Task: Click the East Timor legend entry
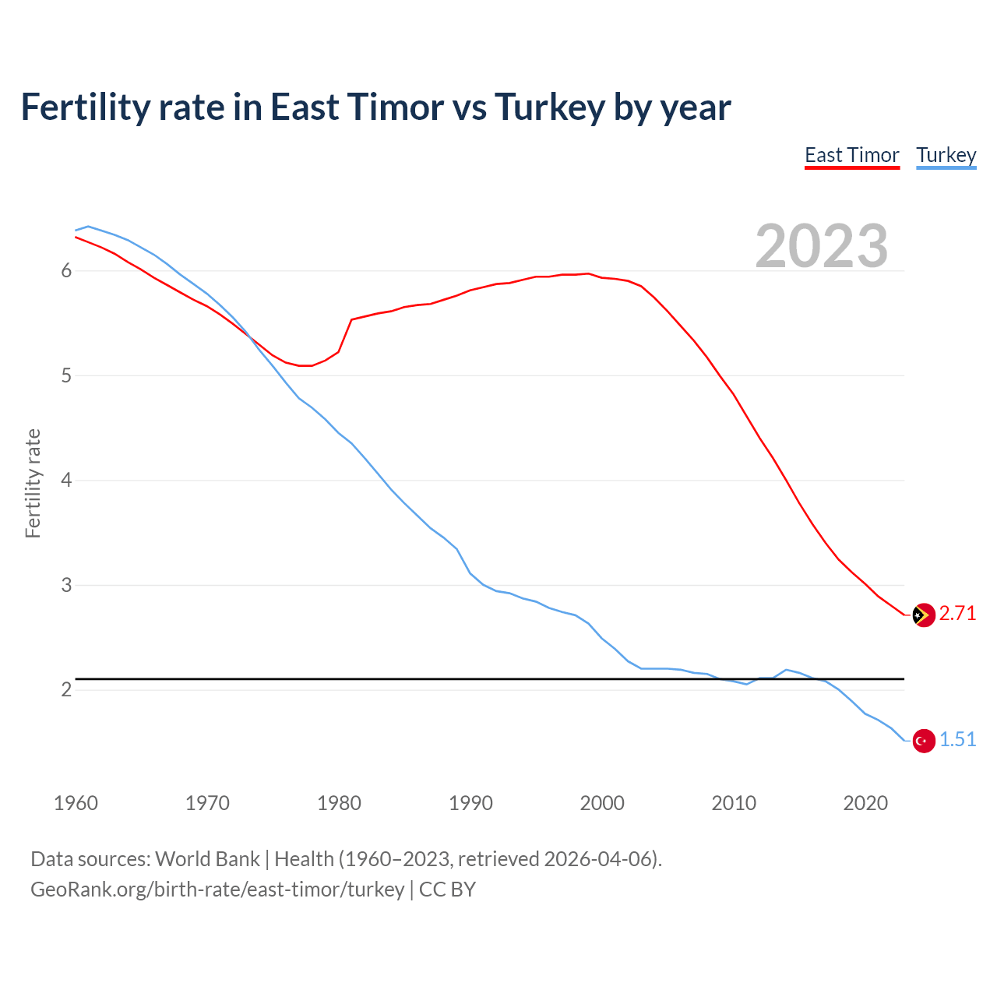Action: [x=851, y=155]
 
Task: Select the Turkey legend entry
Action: [x=946, y=155]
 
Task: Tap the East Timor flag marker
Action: [x=923, y=615]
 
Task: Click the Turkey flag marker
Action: [x=923, y=741]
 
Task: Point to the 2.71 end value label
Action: [x=957, y=614]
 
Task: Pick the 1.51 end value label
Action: [x=957, y=740]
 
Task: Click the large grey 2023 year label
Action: [x=821, y=246]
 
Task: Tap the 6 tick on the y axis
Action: [x=66, y=271]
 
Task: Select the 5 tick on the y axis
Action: [x=66, y=376]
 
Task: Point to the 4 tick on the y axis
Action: [x=66, y=481]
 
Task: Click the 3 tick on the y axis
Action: [x=66, y=585]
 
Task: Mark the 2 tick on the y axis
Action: [x=66, y=690]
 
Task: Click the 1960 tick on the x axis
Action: [x=76, y=803]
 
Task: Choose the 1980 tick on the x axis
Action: [x=339, y=803]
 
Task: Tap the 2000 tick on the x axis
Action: [x=602, y=803]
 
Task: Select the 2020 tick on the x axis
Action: [x=865, y=803]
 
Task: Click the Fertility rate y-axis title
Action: [x=33, y=483]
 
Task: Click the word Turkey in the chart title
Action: [x=549, y=107]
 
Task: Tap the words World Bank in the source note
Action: [x=207, y=859]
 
